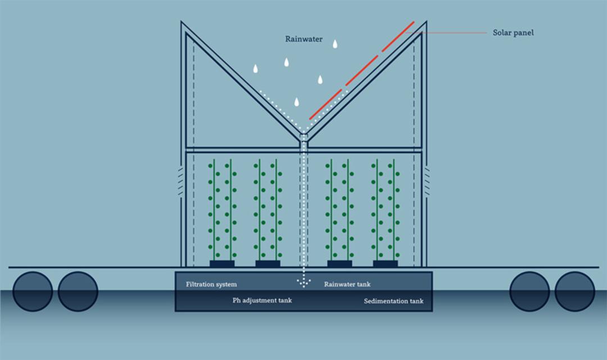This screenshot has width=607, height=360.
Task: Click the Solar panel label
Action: [x=513, y=33]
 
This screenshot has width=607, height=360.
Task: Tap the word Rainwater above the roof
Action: [x=304, y=39]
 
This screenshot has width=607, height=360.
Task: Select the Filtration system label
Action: [x=211, y=285]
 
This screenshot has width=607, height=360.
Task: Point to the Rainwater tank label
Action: [x=347, y=284]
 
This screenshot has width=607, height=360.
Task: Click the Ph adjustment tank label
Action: [x=262, y=300]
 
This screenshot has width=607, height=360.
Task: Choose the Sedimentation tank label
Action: [x=393, y=301]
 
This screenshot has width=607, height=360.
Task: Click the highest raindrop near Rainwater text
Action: [x=335, y=44]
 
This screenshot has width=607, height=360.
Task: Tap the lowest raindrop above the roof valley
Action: [x=297, y=102]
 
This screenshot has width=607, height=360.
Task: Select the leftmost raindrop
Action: [x=256, y=69]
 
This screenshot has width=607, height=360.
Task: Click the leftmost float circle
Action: [x=33, y=291]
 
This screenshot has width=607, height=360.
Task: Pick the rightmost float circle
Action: [x=574, y=291]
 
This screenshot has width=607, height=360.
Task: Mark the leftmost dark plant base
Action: [x=222, y=264]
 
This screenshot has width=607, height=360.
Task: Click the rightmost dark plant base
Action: [x=385, y=264]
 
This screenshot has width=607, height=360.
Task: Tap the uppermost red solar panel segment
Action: [x=398, y=37]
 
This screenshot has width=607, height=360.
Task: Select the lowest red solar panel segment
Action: [x=325, y=104]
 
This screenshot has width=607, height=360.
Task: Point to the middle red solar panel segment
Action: [x=362, y=70]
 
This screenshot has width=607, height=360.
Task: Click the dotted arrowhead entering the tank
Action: [x=304, y=283]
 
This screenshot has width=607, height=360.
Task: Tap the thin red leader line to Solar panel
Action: [x=446, y=33]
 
